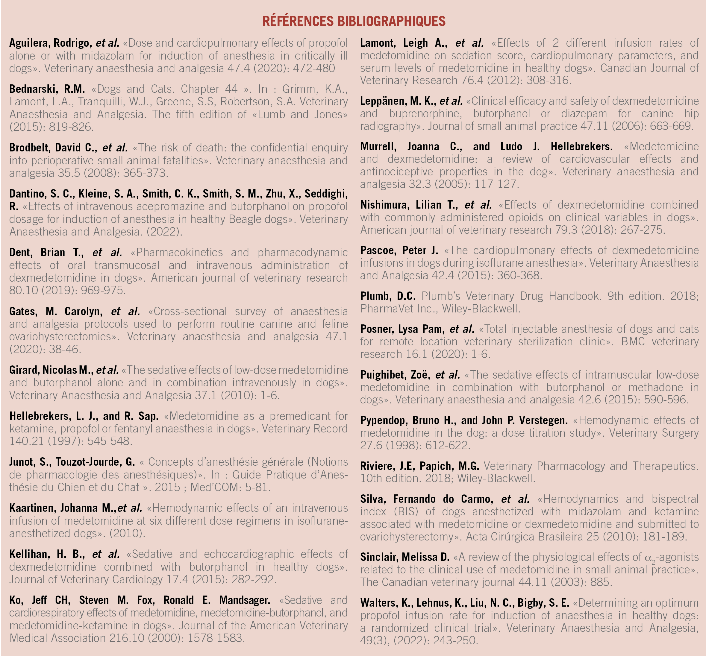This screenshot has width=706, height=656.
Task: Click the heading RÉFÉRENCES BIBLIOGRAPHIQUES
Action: pyautogui.click(x=354, y=21)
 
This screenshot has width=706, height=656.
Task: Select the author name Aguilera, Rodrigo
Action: pyautogui.click(x=51, y=43)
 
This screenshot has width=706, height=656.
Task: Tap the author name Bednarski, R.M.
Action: pyautogui.click(x=47, y=89)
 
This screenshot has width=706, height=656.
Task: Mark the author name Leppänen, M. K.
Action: pyautogui.click(x=397, y=101)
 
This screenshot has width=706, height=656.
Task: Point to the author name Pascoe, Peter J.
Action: pyautogui.click(x=399, y=250)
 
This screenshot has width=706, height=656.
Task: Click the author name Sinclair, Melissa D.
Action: pyautogui.click(x=404, y=557)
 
